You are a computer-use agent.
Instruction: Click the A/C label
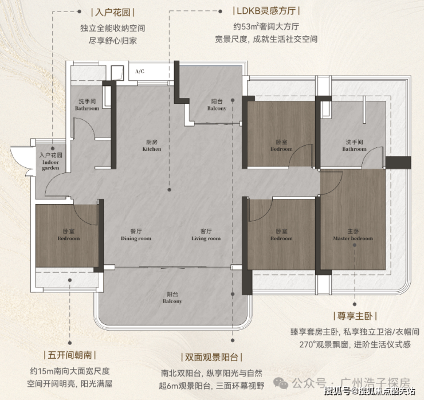point(140,72)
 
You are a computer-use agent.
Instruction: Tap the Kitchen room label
point(152,145)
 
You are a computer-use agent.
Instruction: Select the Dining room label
point(136,235)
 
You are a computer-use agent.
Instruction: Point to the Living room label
point(206,235)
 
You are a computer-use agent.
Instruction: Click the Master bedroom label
point(353,235)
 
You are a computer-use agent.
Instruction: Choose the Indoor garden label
point(50,162)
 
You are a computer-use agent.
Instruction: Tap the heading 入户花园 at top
point(113,13)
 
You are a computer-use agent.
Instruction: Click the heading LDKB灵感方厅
point(266,11)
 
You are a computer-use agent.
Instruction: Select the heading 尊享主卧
point(355,316)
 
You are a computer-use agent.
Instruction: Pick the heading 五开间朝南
point(70,355)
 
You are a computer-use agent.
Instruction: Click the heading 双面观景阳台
point(211,357)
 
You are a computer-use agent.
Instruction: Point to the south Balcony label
point(172,297)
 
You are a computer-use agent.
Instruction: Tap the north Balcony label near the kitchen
point(217,105)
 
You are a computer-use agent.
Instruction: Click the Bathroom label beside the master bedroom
point(354,145)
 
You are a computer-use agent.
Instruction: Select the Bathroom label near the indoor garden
point(87,105)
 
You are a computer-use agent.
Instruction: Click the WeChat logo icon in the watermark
point(281,383)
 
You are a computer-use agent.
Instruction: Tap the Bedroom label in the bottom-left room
point(68,235)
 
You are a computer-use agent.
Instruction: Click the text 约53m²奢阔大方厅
point(266,26)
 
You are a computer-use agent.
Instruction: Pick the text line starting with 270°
point(355,344)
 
